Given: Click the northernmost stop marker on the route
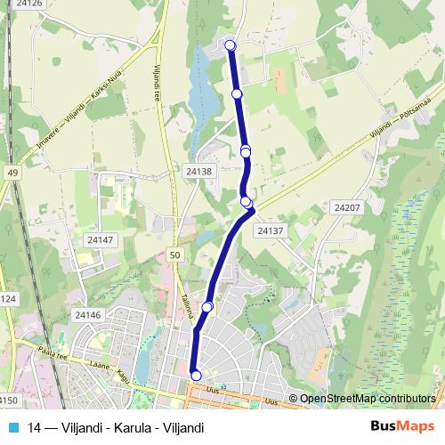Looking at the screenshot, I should [231, 45].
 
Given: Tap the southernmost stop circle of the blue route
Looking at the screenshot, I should [197, 376].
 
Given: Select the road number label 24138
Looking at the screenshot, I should [198, 170].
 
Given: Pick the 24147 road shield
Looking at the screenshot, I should [101, 240].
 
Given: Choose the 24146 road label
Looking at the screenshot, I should [87, 315].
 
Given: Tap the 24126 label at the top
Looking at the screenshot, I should [29, 4].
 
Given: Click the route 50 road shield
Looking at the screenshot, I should [174, 255].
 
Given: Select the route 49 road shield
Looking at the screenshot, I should [12, 173].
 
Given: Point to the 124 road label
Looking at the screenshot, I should [7, 299].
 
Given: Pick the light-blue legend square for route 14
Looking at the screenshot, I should [12, 427].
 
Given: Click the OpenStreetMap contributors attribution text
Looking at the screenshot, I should [368, 399].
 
